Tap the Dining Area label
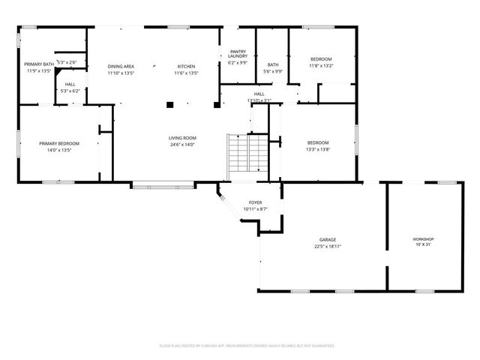(120, 66)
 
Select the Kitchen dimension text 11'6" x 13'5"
(185, 73)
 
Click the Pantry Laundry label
(238, 55)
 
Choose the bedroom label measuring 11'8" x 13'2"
(321, 58)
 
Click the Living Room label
(181, 138)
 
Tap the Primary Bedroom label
(59, 143)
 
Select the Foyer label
(255, 203)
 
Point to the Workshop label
(423, 238)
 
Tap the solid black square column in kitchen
(170, 104)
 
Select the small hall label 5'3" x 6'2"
(70, 91)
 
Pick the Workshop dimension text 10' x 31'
(423, 244)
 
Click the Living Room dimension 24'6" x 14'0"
(181, 144)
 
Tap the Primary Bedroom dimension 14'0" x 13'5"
(59, 149)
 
